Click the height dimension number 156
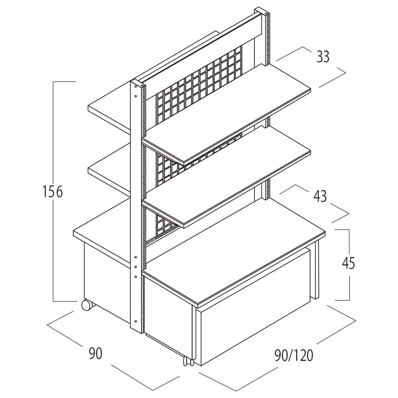click(x=53, y=192)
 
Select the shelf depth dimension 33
click(x=323, y=57)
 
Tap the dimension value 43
click(x=320, y=196)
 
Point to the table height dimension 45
click(x=348, y=263)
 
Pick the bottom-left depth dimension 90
click(x=96, y=353)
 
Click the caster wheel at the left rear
click(x=86, y=305)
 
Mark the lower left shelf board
click(x=109, y=175)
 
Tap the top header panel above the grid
click(x=199, y=52)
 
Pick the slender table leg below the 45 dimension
click(x=317, y=271)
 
